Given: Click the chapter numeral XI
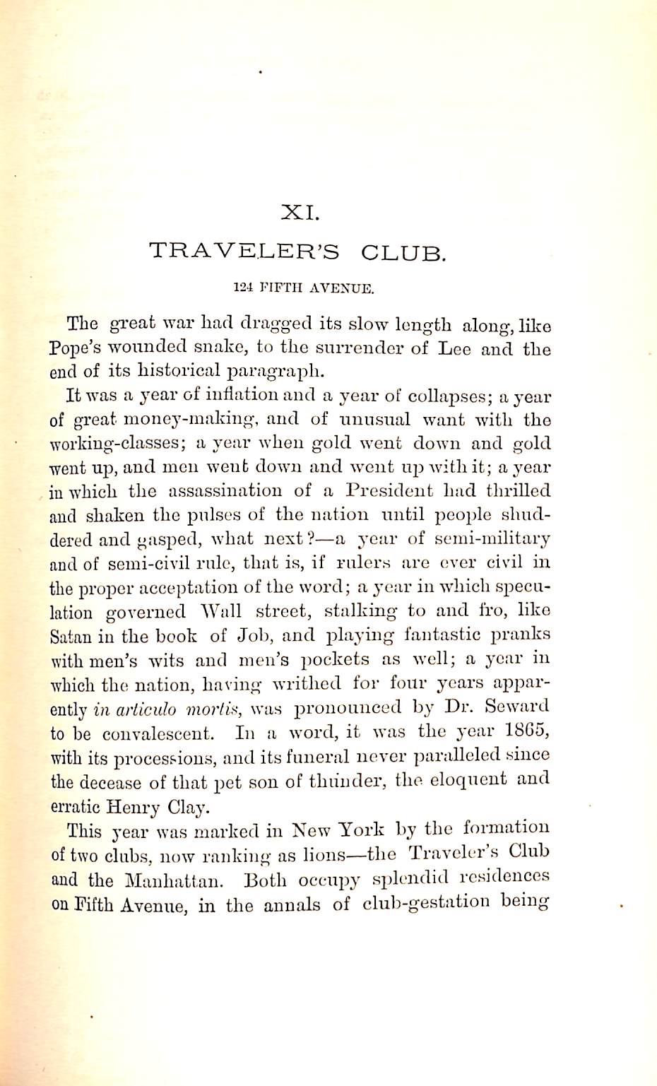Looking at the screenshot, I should pyautogui.click(x=302, y=211).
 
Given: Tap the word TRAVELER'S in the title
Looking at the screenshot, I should pyautogui.click(x=244, y=252).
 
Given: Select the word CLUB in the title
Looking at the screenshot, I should pyautogui.click(x=403, y=252).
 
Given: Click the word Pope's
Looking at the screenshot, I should pyautogui.click(x=79, y=349).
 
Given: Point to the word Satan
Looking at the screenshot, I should pyautogui.click(x=71, y=636).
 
